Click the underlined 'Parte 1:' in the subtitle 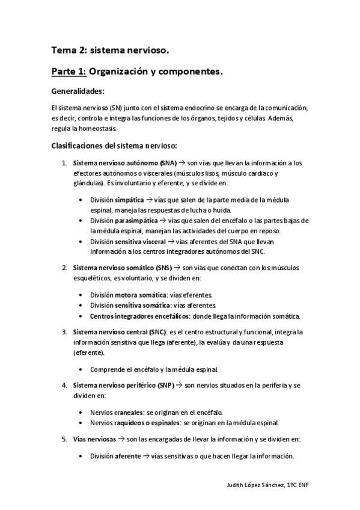click(x=69, y=72)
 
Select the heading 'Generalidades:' click(x=78, y=91)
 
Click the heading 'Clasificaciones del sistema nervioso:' click(x=114, y=146)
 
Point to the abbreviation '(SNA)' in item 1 click(x=169, y=163)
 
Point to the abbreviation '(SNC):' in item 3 click(x=156, y=331)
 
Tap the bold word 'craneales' click(x=129, y=412)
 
